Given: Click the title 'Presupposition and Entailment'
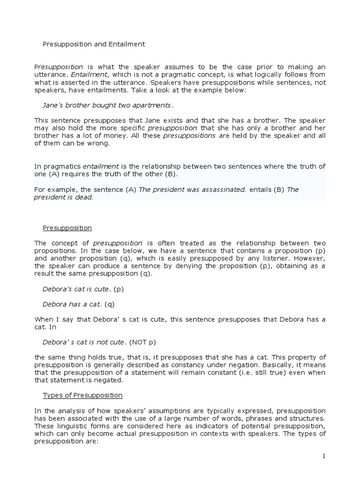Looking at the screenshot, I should pyautogui.click(x=94, y=44).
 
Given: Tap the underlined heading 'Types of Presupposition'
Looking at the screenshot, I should pyautogui.click(x=82, y=395).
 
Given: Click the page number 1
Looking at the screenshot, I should pyautogui.click(x=323, y=457).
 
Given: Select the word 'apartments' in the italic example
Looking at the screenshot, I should pyautogui.click(x=155, y=105).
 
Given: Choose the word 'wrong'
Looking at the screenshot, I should pyautogui.click(x=100, y=143).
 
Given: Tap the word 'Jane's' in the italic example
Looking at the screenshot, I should pyautogui.click(x=53, y=105).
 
